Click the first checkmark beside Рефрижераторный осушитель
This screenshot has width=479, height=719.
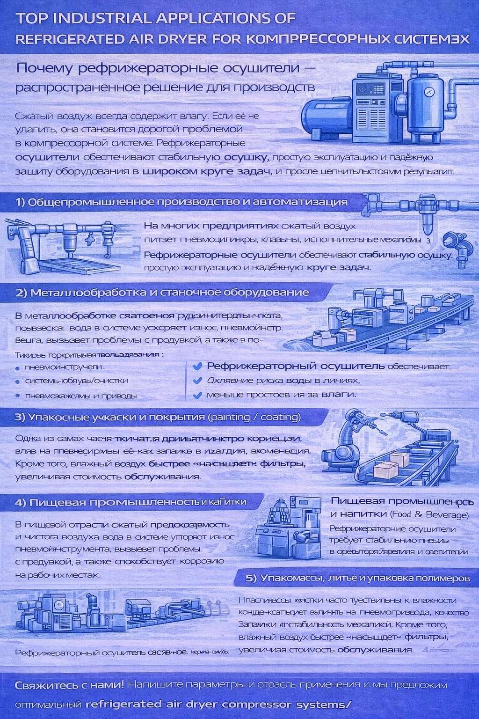click(197, 366)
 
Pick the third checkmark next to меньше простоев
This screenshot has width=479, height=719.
click(197, 395)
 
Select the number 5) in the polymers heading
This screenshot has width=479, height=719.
click(251, 578)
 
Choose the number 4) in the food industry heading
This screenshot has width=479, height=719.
click(20, 503)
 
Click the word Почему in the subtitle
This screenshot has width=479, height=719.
click(44, 68)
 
